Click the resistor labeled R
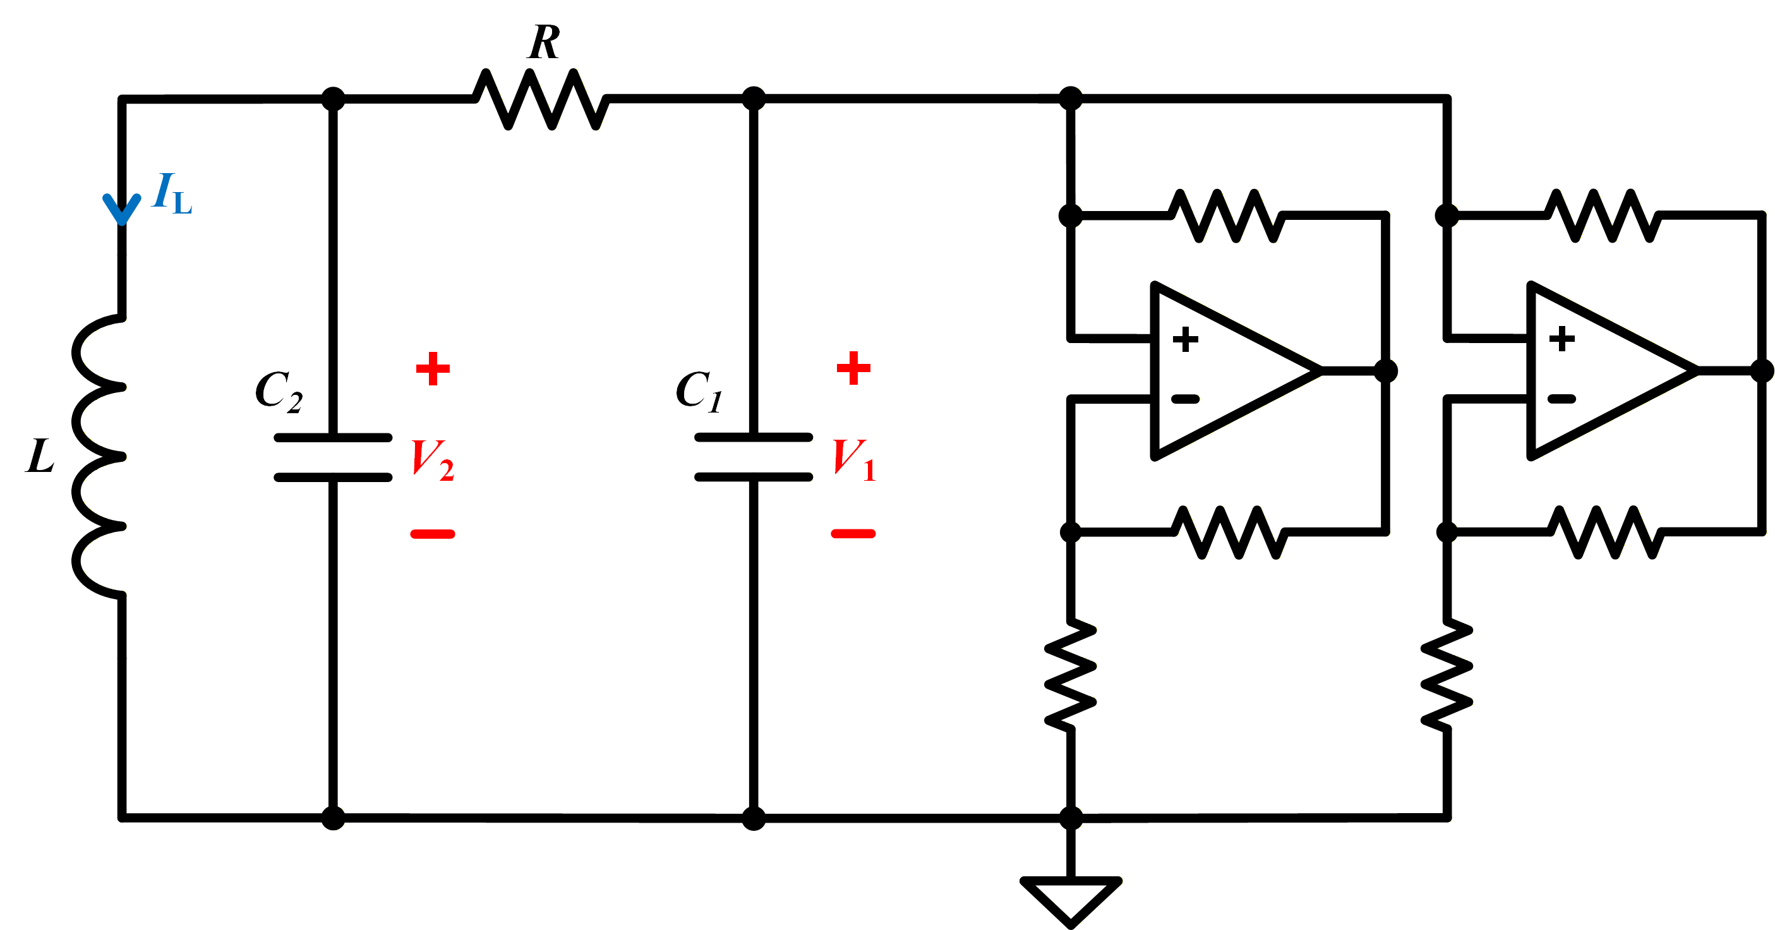[541, 99]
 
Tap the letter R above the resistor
[545, 43]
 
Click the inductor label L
[40, 456]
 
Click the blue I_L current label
[172, 194]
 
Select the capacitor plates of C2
[333, 457]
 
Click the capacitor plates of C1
[754, 457]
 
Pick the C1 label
[699, 391]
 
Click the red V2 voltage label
[433, 461]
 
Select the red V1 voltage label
[854, 460]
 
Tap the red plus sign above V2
[433, 369]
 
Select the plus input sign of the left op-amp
[1185, 339]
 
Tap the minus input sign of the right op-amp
[1561, 399]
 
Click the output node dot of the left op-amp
[1386, 371]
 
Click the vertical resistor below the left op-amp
[1070, 675]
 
